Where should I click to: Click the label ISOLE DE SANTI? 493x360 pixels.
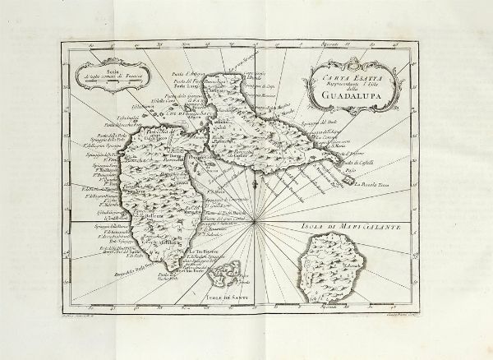pyautogui.click(x=226, y=285)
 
